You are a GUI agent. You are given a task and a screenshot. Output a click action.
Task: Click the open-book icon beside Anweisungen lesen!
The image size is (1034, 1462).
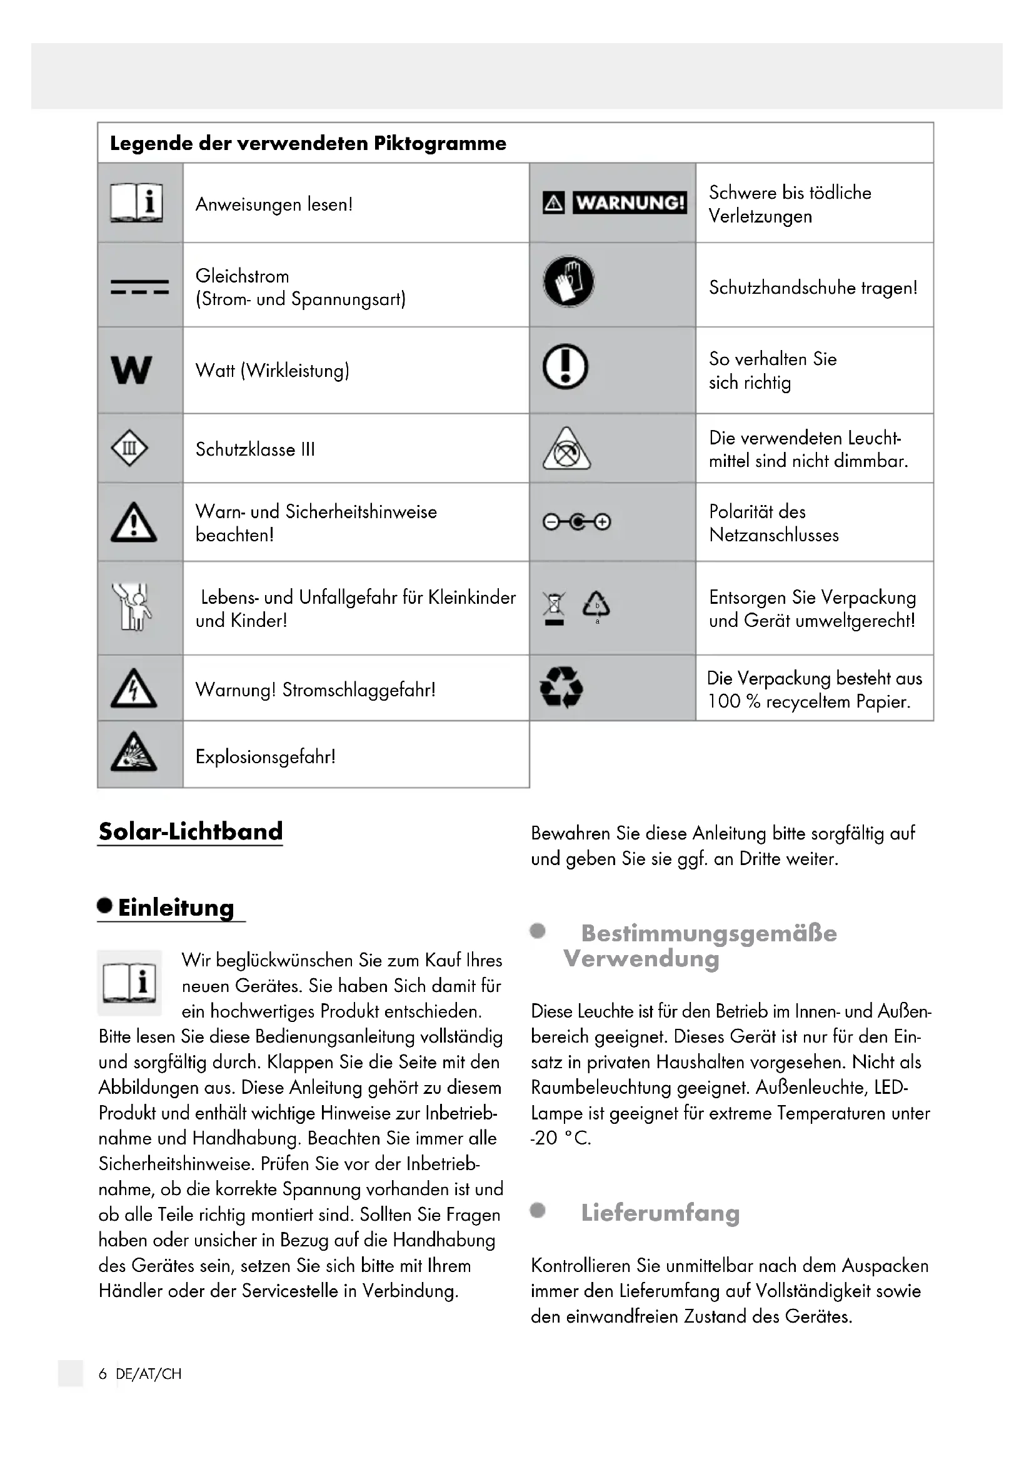click(136, 203)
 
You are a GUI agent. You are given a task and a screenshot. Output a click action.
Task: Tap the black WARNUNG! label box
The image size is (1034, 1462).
click(630, 203)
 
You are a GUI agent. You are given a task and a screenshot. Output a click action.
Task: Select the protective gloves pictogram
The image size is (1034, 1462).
click(568, 281)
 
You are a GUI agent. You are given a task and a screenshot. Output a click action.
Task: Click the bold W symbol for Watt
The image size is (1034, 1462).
click(131, 370)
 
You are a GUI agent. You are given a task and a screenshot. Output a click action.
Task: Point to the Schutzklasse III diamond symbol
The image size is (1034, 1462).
click(129, 448)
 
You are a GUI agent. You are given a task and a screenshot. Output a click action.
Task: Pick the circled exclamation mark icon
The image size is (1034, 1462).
click(565, 366)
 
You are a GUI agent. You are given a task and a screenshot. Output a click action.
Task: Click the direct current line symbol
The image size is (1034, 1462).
click(139, 286)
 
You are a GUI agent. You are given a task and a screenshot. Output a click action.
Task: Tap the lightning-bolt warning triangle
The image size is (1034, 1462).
click(134, 689)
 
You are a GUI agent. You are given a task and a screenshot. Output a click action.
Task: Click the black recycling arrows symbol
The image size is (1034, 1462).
click(561, 687)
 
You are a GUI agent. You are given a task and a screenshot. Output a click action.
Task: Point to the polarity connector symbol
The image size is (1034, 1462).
click(576, 522)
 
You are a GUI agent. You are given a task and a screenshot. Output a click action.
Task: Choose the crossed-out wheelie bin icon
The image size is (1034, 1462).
click(554, 608)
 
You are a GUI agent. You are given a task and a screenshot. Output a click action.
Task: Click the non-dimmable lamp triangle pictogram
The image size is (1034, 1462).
click(566, 449)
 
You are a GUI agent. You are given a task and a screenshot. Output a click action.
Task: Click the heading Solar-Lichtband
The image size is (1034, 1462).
click(191, 831)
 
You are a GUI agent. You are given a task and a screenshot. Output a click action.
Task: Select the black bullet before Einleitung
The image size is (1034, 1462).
click(105, 906)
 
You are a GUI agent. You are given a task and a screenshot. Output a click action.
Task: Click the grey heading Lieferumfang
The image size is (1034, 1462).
click(660, 1213)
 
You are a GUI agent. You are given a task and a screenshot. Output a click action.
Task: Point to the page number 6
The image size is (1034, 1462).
click(103, 1373)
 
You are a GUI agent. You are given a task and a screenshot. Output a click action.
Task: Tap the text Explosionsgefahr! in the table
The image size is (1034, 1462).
click(266, 756)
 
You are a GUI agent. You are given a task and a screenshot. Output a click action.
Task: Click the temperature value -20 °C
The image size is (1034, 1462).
click(561, 1138)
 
